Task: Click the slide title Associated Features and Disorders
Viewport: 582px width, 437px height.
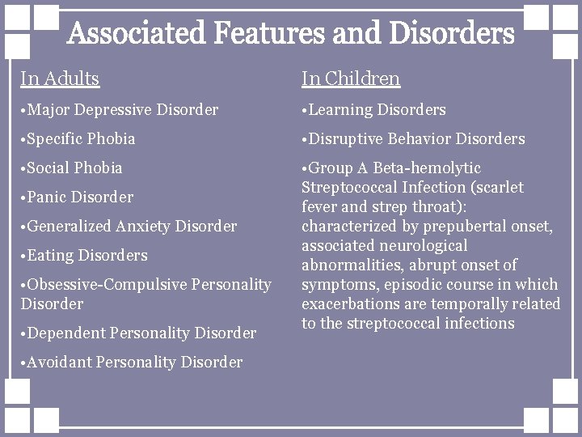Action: click(x=291, y=34)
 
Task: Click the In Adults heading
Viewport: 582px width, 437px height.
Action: click(x=60, y=78)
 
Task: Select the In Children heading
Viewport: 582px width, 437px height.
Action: click(x=351, y=78)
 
